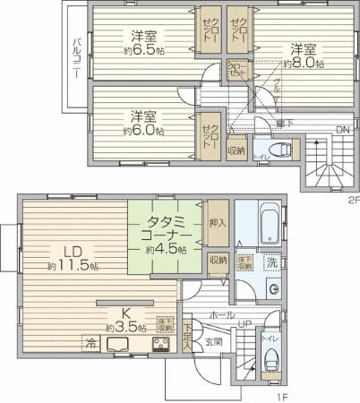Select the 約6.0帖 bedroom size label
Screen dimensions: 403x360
[x=143, y=131]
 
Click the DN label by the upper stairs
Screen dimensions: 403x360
[x=341, y=129]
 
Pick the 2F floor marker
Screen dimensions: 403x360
[x=352, y=201]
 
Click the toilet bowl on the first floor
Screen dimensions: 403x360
[x=273, y=359]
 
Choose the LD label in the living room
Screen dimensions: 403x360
[x=74, y=253]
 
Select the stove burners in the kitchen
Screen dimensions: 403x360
[x=161, y=346]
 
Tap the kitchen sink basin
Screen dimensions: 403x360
[x=119, y=346]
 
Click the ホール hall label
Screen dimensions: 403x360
[x=221, y=315]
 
